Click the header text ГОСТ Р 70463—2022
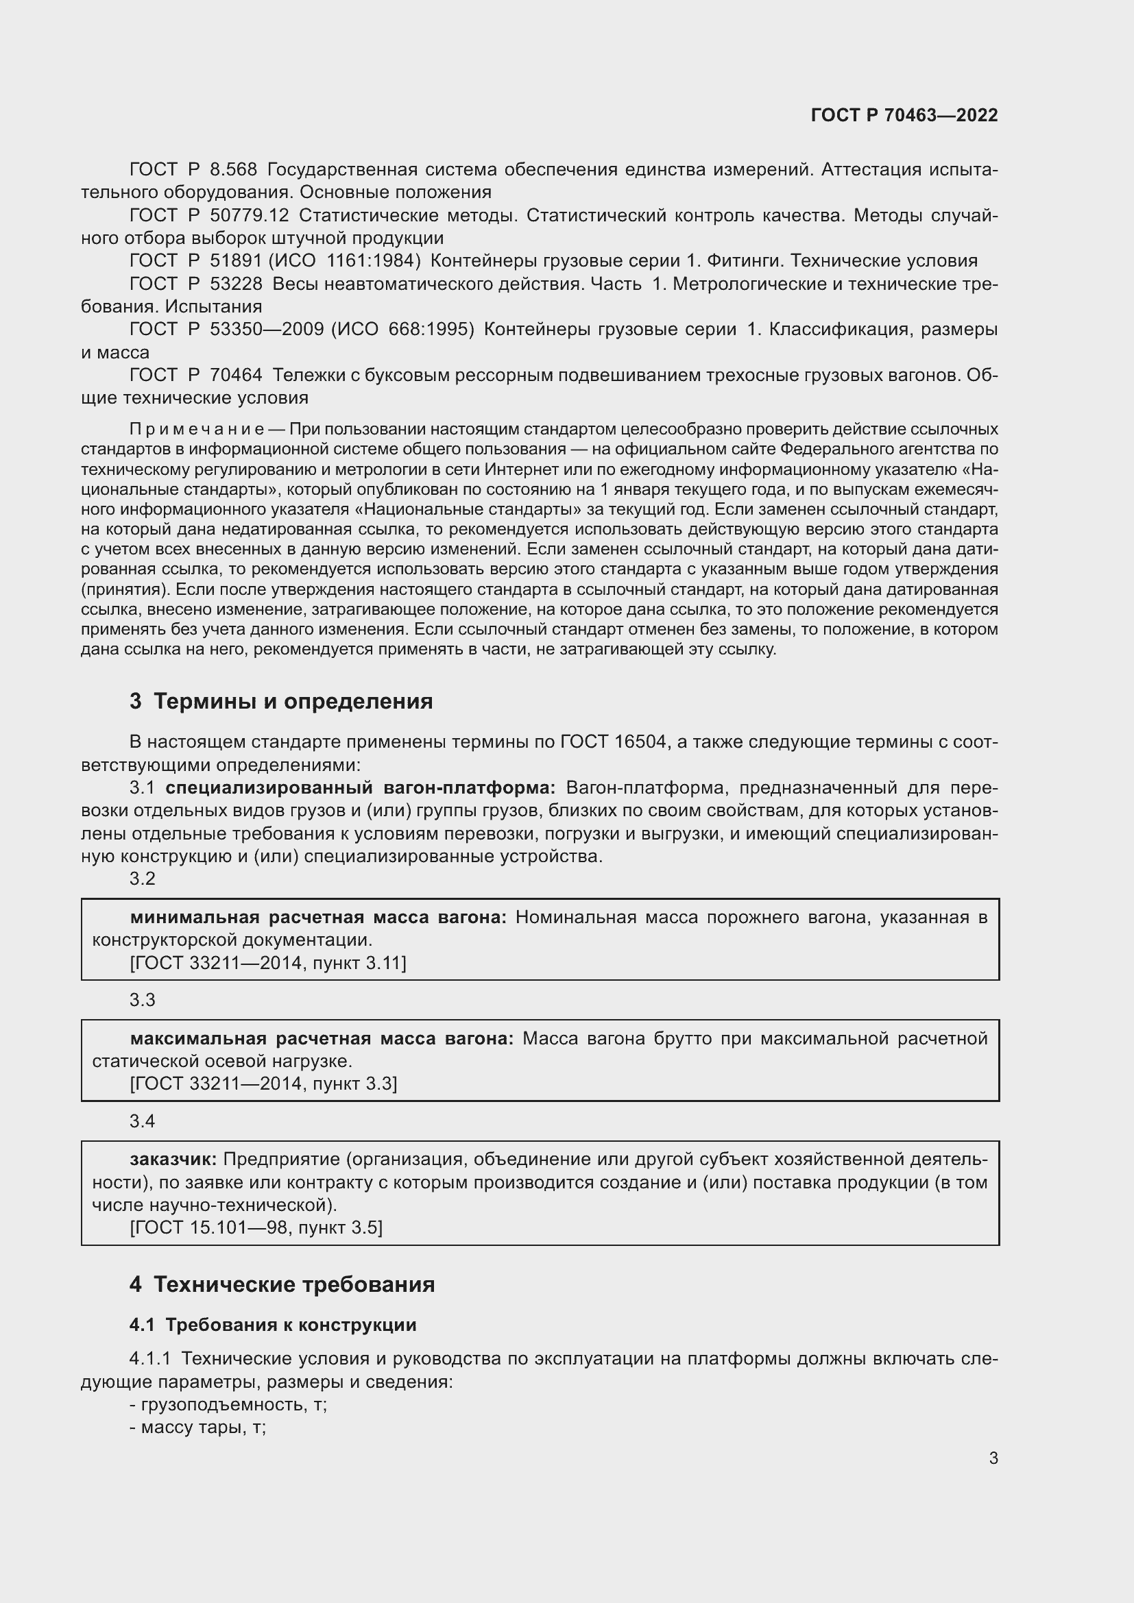pos(904,115)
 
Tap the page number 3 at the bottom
pos(993,1458)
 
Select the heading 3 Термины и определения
pos(280,701)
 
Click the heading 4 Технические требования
pos(282,1284)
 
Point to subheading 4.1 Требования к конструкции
pos(272,1325)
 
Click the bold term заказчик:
pos(173,1159)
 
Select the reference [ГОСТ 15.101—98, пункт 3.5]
pos(256,1227)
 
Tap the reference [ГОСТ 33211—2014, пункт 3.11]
pos(267,963)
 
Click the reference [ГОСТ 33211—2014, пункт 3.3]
pos(263,1084)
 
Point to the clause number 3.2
pos(143,879)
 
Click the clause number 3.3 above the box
pos(143,1000)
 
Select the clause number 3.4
pos(143,1121)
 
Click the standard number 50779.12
pos(250,216)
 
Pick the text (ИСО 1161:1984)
pos(344,261)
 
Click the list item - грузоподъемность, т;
pos(228,1404)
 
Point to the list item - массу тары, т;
pos(197,1427)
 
